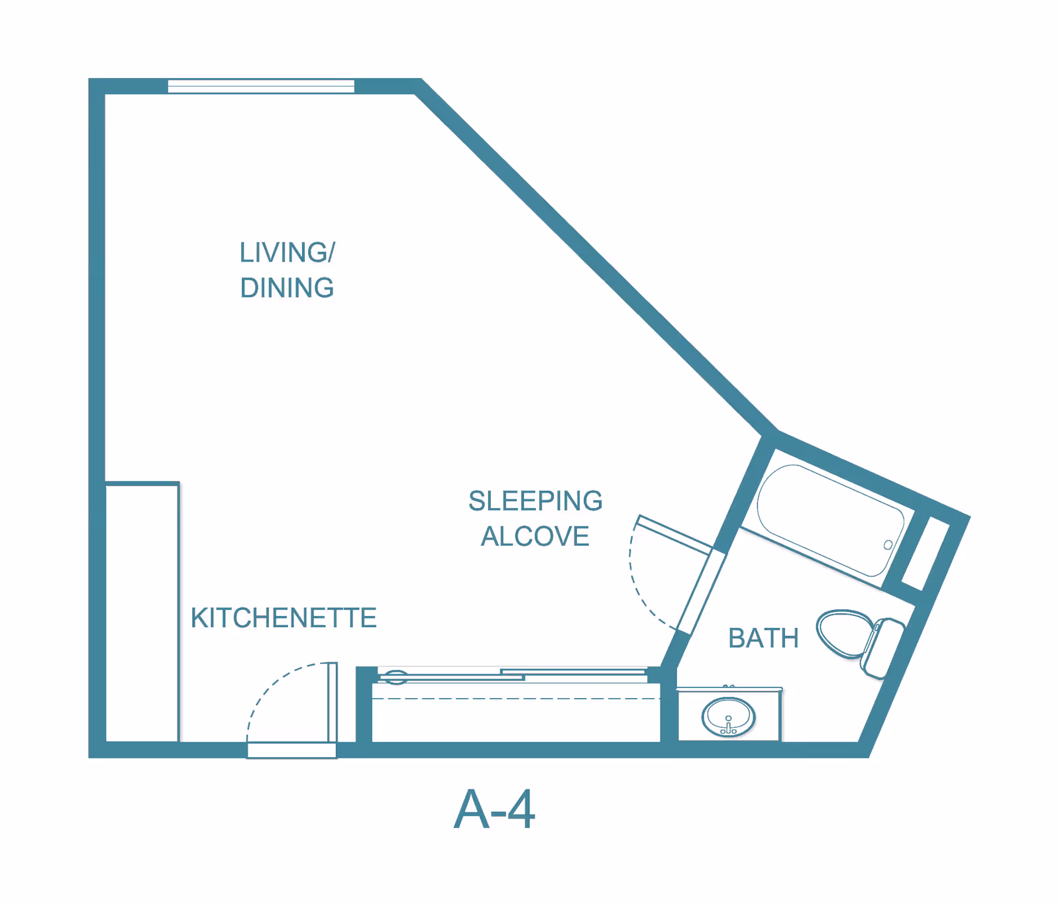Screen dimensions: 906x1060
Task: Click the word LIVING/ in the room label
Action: point(287,252)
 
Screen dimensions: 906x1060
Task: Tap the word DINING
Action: point(287,288)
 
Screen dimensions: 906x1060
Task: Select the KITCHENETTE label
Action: point(284,618)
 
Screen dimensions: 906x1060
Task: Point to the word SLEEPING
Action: point(535,501)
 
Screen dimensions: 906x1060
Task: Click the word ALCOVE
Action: point(535,536)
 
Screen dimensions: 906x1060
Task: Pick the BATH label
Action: point(763,638)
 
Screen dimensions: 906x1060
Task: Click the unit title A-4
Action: point(494,809)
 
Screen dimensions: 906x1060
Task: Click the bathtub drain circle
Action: point(888,545)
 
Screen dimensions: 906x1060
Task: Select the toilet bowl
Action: point(843,633)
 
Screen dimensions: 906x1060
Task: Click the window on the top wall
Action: point(261,86)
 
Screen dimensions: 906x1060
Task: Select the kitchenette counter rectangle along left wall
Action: point(142,613)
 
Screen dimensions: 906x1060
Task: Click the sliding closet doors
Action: point(510,675)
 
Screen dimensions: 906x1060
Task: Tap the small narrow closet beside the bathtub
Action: point(926,554)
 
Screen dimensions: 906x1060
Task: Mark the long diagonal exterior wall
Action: point(596,258)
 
